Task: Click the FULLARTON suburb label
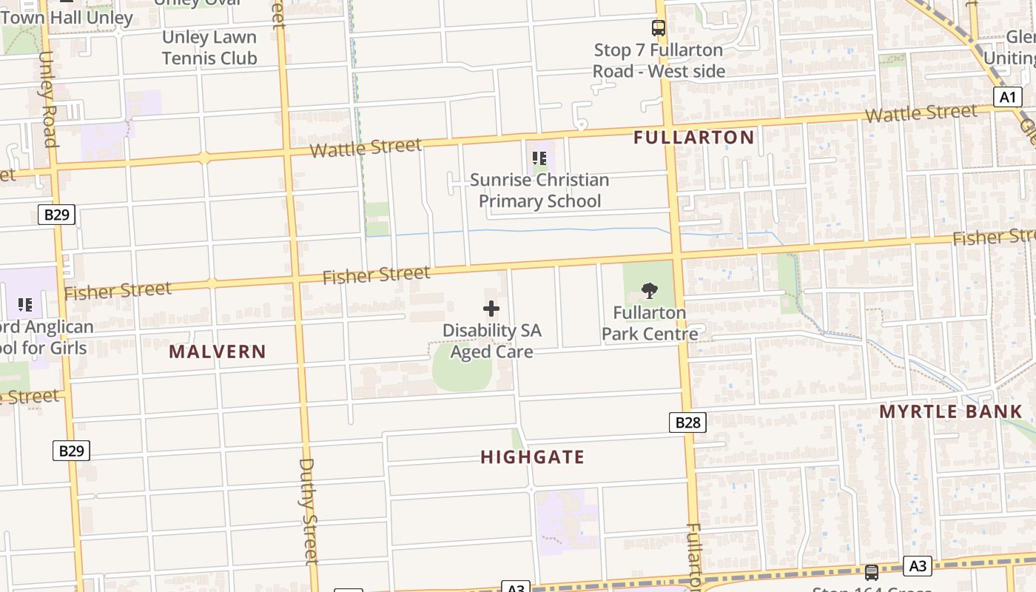tap(693, 137)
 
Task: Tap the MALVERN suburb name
tap(217, 351)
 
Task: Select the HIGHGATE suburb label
tap(532, 457)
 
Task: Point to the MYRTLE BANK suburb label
tap(950, 412)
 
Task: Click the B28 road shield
tap(687, 423)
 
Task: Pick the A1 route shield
tap(1007, 97)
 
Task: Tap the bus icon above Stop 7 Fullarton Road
tap(658, 28)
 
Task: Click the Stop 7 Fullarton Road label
tap(658, 61)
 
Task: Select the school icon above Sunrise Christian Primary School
tap(539, 158)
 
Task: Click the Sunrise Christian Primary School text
tap(539, 190)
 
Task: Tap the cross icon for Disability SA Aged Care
tap(491, 309)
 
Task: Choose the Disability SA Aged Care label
tap(491, 341)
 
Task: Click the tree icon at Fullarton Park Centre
tap(650, 291)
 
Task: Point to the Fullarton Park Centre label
tap(650, 323)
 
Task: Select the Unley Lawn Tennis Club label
tap(209, 47)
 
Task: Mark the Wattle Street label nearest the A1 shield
tap(921, 114)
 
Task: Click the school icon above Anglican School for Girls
tap(24, 304)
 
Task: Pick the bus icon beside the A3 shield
tap(872, 572)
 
